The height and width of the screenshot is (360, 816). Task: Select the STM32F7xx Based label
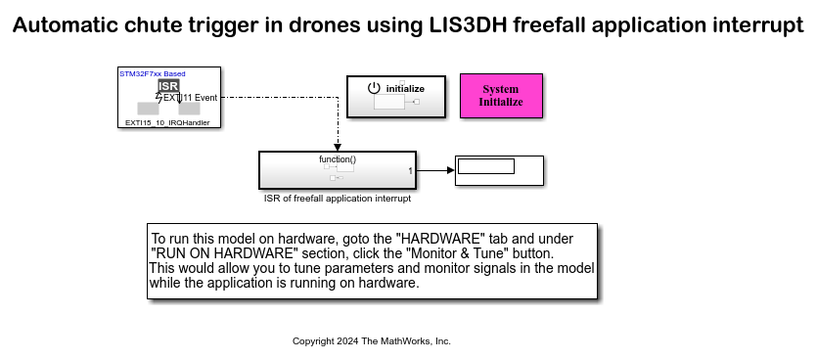(152, 73)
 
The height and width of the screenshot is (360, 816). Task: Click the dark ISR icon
(168, 86)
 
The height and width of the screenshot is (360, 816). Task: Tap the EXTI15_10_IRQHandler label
(168, 123)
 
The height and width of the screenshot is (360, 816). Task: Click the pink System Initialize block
(501, 96)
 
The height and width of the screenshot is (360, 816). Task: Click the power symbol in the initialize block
(373, 88)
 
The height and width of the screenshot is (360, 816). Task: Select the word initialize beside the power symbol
(405, 88)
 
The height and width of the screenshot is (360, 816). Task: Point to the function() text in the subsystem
(338, 158)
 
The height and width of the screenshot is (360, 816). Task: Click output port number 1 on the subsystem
(410, 171)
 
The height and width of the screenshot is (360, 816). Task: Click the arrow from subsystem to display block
(436, 170)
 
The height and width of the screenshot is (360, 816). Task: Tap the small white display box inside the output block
(486, 166)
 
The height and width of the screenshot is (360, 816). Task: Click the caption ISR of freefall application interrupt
(337, 199)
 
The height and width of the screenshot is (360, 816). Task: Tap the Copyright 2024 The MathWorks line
(372, 341)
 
